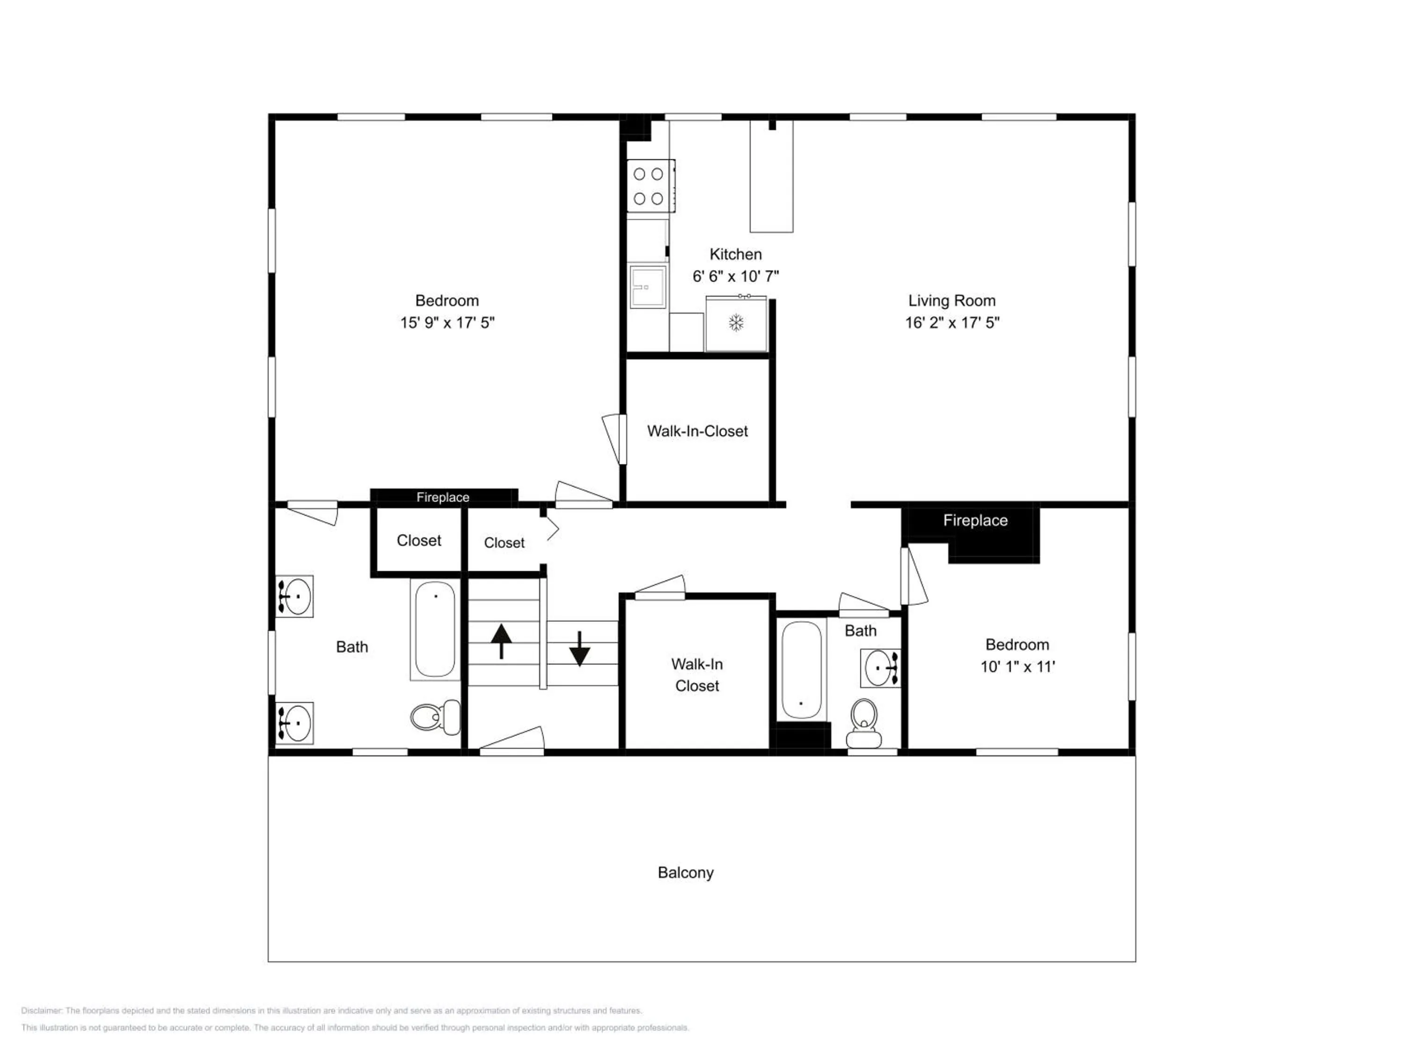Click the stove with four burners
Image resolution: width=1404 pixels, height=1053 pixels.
click(651, 185)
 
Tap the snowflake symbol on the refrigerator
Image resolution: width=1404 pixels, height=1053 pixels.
click(736, 323)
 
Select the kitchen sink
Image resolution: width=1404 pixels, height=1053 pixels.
click(647, 287)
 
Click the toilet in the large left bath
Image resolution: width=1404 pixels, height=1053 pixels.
click(435, 717)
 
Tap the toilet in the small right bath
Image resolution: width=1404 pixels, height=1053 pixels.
click(864, 723)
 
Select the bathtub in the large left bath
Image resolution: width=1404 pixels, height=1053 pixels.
click(435, 629)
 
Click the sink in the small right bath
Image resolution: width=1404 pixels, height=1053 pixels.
click(880, 668)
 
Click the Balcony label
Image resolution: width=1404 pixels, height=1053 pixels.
click(686, 873)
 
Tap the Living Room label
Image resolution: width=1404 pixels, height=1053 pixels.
click(951, 301)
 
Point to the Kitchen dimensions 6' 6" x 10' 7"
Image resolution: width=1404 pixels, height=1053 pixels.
click(736, 276)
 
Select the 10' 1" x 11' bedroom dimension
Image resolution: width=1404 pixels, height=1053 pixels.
click(1017, 666)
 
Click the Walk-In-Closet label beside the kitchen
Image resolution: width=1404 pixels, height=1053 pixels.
click(698, 431)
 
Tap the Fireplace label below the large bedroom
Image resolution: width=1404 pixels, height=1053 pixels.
click(443, 497)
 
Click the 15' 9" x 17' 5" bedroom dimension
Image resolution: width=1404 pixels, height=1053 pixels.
click(447, 322)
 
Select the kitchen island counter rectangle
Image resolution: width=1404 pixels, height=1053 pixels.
click(771, 176)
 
